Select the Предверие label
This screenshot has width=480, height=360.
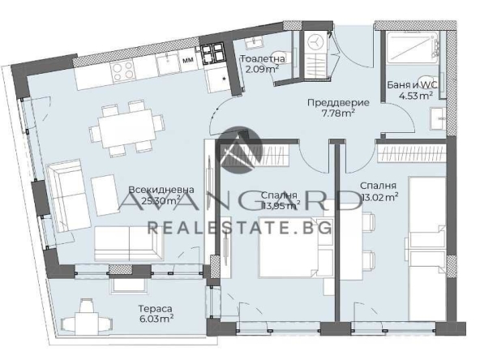tap(338, 103)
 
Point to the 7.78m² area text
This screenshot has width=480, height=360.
tap(339, 114)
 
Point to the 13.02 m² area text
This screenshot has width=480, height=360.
tap(379, 196)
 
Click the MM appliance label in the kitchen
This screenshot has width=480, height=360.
tap(187, 60)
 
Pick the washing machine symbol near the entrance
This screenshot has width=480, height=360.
tap(316, 42)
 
